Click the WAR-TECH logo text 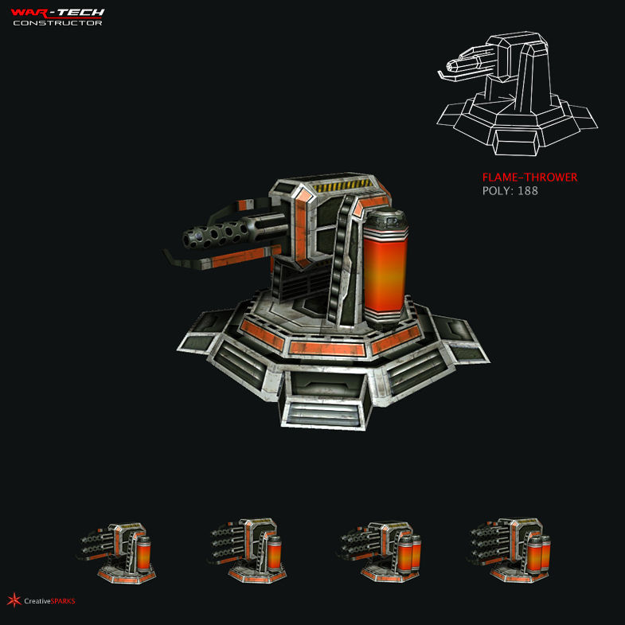pyautogui.click(x=57, y=13)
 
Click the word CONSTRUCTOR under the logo pyautogui.click(x=57, y=22)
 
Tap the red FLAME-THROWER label pyautogui.click(x=529, y=178)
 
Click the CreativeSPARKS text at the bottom pyautogui.click(x=49, y=601)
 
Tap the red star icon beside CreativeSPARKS pyautogui.click(x=14, y=600)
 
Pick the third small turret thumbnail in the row pyautogui.click(x=378, y=549)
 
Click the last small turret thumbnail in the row pyautogui.click(x=510, y=549)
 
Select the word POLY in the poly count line pyautogui.click(x=496, y=191)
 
